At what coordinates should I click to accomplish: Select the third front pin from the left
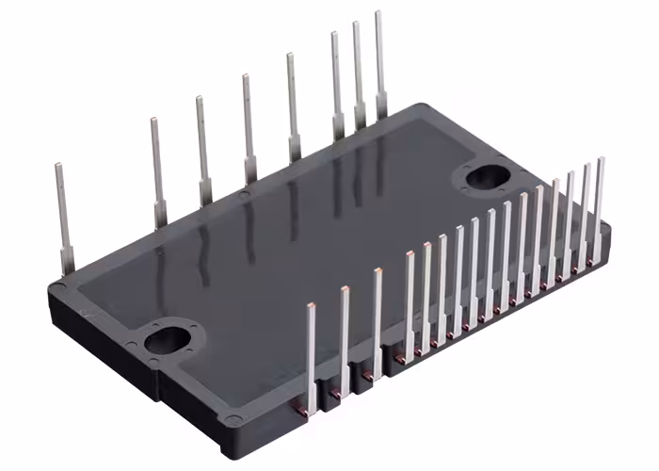377,320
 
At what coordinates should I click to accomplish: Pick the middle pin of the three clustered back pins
358,71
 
